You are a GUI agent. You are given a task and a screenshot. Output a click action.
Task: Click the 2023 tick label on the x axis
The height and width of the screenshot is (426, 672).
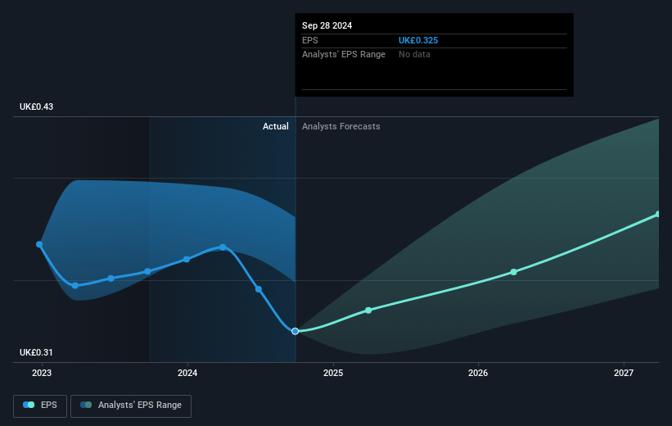(42, 374)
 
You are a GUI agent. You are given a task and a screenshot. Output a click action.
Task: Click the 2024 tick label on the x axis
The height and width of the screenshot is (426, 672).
(187, 374)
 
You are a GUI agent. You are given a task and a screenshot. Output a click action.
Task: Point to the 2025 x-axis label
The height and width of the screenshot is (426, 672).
(333, 374)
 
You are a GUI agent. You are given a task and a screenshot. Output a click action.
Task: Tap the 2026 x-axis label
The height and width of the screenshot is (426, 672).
(478, 374)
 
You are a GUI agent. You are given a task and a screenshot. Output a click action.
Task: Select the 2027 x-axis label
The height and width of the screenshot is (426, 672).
(624, 374)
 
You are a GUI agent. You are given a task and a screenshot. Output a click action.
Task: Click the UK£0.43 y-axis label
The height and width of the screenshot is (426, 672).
(37, 107)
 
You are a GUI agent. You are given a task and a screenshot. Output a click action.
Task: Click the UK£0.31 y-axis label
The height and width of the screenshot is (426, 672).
(37, 352)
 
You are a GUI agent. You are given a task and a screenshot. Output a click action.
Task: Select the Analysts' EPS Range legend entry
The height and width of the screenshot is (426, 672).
(131, 405)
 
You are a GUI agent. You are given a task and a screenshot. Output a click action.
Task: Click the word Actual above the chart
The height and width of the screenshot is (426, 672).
(275, 126)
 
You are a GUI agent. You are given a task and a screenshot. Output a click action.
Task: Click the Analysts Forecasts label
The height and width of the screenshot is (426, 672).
(341, 126)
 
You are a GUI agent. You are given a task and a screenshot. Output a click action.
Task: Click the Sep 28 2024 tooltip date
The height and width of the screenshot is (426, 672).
(327, 25)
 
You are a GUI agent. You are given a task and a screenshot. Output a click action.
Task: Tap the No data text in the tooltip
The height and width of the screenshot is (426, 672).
(414, 54)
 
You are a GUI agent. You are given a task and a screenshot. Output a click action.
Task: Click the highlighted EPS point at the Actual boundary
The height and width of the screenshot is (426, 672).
(295, 331)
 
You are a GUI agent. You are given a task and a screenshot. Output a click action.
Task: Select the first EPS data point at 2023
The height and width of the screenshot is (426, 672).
(39, 244)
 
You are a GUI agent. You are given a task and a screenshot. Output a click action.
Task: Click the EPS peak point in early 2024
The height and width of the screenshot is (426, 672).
(223, 247)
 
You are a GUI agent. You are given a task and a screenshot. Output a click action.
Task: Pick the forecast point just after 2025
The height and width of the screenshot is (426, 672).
(368, 310)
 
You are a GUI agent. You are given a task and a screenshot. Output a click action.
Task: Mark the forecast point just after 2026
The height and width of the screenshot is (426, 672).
(513, 272)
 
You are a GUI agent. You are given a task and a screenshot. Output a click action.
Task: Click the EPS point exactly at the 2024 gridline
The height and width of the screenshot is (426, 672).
(187, 259)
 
